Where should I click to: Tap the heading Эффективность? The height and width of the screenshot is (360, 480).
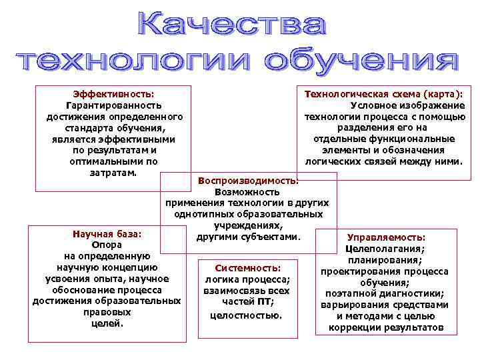tap(113, 93)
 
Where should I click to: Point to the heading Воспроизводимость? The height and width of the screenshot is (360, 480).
tap(248, 180)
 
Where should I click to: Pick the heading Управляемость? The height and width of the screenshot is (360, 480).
tap(387, 237)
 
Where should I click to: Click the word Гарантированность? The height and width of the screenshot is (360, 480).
tap(113, 105)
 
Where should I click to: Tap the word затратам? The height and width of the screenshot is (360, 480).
tap(113, 173)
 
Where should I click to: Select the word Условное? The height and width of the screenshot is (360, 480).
tap(374, 105)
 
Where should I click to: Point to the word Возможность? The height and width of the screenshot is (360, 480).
tap(248, 191)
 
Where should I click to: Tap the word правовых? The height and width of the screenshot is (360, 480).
tap(107, 312)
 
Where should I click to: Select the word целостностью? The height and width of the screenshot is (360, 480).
tap(246, 313)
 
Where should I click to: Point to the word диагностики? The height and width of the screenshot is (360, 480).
tap(413, 293)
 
